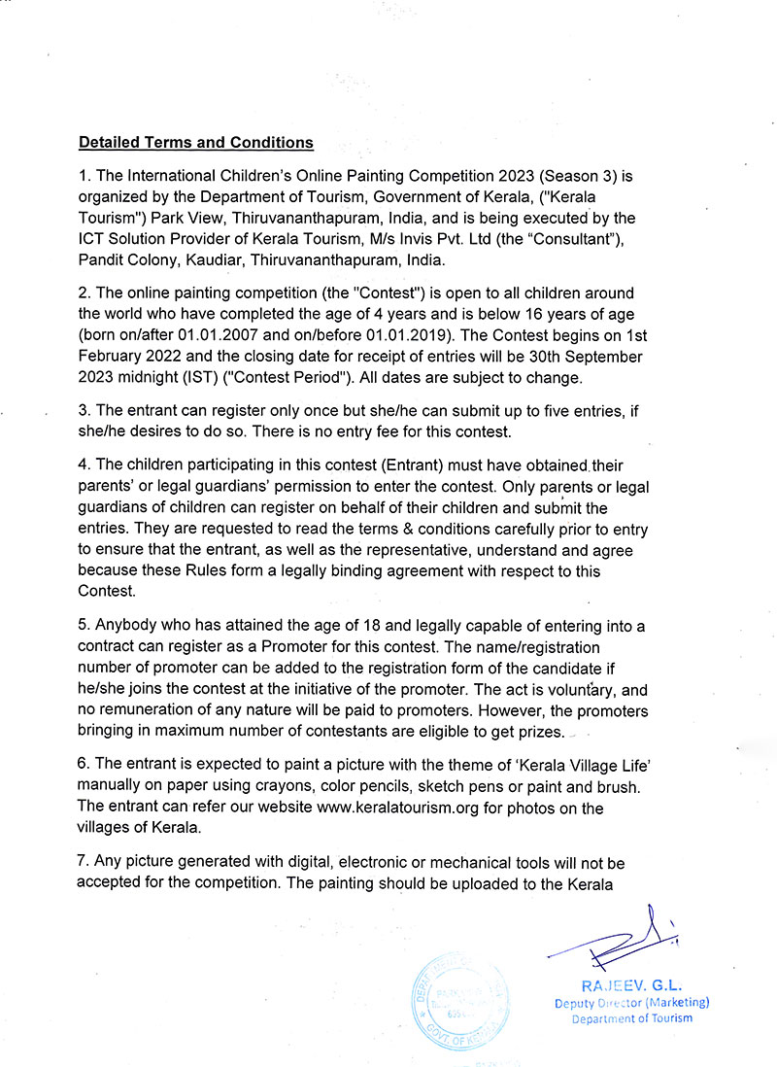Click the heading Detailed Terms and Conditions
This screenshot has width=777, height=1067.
(x=195, y=143)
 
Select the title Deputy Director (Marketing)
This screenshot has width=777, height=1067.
(x=632, y=1003)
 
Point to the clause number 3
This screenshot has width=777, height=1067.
(x=84, y=412)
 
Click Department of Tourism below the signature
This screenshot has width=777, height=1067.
(x=632, y=1018)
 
